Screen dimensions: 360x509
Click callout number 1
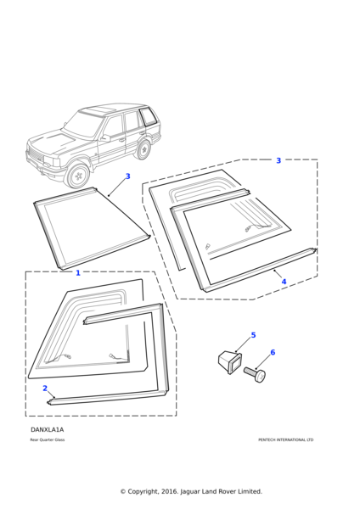78,273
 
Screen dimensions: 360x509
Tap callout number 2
45,389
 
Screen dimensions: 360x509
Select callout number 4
284,282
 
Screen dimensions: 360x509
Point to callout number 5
253,335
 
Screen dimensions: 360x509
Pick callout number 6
273,352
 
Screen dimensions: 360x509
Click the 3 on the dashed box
278,160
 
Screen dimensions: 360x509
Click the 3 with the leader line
127,176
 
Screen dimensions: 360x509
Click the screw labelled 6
255,375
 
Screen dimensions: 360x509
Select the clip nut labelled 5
230,362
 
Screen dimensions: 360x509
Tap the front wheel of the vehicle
77,176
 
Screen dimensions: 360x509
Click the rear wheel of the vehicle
143,150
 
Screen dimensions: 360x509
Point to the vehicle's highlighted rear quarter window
148,116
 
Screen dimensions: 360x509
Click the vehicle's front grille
34,156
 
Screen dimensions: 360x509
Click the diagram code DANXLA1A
47,430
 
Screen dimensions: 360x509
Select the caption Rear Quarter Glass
48,439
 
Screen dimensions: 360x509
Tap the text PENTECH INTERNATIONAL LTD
286,439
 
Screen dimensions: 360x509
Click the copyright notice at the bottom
191,491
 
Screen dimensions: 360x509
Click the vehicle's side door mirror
105,137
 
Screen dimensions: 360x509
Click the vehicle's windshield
84,124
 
